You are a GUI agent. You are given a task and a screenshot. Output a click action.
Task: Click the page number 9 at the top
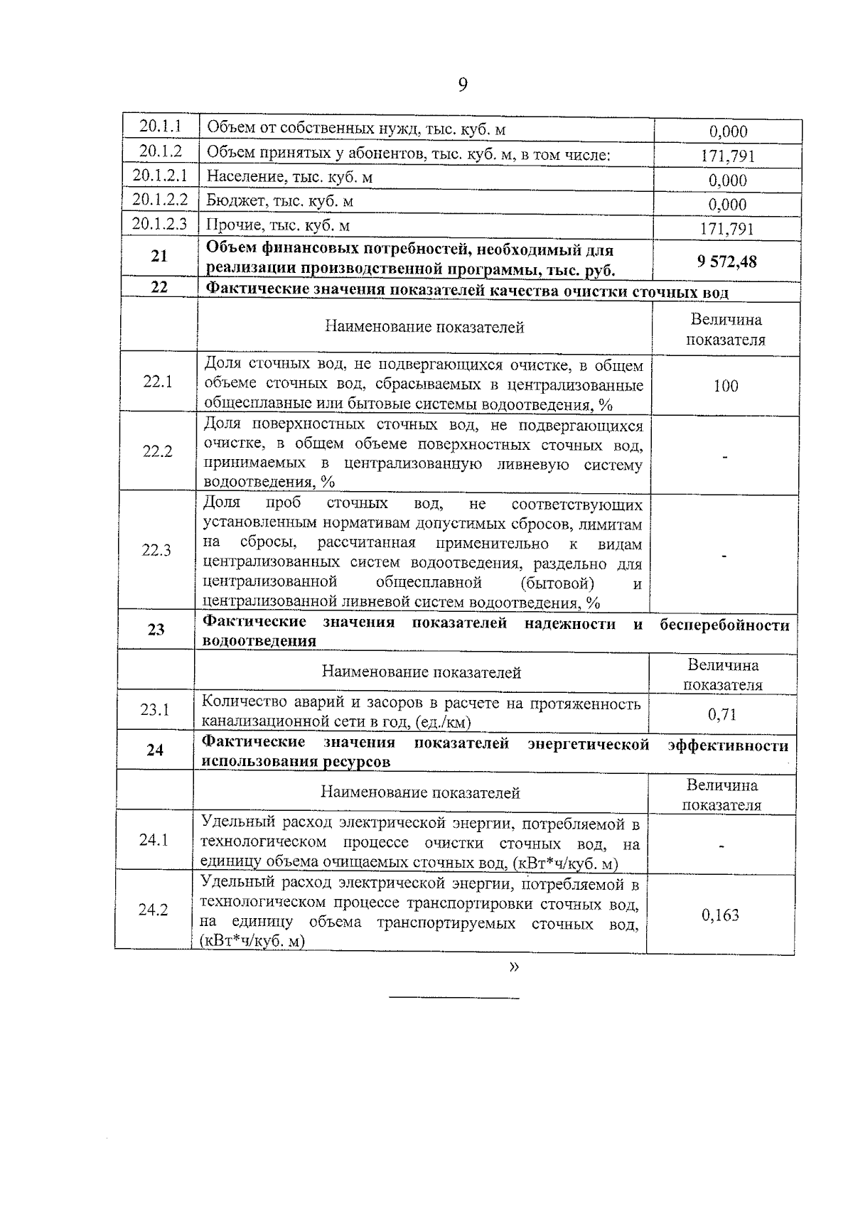(463, 85)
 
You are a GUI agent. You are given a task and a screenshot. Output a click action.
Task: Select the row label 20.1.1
(160, 126)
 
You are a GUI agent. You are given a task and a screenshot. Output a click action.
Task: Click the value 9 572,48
(726, 262)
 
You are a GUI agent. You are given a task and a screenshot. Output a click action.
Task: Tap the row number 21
(159, 257)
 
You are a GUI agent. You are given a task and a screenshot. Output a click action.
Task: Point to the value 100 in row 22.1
(725, 386)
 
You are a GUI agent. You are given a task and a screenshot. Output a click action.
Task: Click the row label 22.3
(156, 550)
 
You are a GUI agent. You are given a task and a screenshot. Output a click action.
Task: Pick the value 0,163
(720, 915)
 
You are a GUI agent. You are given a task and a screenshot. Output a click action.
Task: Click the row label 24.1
(154, 840)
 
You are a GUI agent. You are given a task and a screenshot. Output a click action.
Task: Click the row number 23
(156, 630)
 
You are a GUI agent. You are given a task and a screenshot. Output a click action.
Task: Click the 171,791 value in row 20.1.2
(728, 156)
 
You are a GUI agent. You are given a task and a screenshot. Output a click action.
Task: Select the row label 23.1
(155, 709)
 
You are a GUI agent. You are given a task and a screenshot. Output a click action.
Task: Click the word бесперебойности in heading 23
(724, 625)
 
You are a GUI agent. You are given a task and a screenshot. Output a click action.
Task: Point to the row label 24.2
(153, 910)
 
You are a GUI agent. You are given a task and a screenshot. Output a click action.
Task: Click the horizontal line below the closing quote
(454, 998)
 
